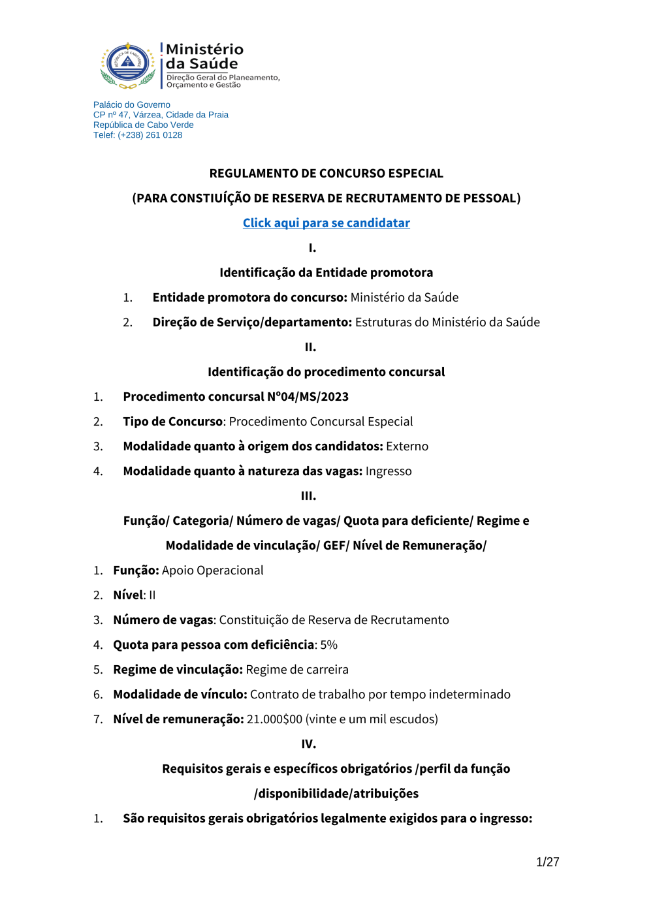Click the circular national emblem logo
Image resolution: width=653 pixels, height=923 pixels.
point(128,65)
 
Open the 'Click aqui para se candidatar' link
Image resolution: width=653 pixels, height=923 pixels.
point(326,223)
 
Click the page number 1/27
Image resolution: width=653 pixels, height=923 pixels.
point(547,862)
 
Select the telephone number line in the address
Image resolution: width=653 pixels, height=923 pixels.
point(138,135)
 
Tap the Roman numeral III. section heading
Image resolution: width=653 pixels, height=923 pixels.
point(308,496)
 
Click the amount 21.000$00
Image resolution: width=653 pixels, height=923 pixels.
point(274,719)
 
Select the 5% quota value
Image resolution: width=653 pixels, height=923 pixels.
point(329,645)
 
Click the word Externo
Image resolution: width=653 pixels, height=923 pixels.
point(407,446)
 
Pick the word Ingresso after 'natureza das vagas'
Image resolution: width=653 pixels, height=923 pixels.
point(389,471)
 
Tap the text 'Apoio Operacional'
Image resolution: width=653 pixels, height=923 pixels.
point(213,571)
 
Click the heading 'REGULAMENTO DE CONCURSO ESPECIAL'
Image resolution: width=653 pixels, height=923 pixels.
point(326,174)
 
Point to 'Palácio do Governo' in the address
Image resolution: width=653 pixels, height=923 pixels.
point(132,105)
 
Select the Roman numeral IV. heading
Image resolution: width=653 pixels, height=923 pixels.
point(308,744)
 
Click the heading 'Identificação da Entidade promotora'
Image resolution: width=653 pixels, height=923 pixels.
point(326,273)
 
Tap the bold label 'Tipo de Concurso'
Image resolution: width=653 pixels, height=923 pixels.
point(173,422)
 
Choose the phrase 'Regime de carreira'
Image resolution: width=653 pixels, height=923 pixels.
point(297,670)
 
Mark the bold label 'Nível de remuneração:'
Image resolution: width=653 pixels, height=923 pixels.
point(178,719)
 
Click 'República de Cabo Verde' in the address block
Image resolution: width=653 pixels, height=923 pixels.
point(144,125)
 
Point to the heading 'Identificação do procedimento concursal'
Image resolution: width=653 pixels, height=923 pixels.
point(326,372)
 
